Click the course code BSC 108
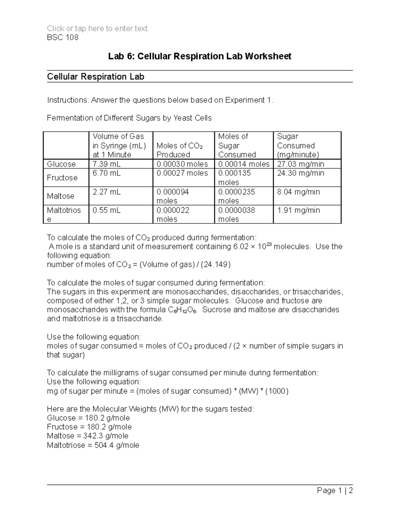(63, 37)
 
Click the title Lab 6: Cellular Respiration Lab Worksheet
(200, 56)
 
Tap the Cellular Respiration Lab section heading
(96, 77)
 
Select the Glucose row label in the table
(61, 164)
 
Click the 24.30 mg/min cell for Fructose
(300, 173)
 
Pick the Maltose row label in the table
(61, 196)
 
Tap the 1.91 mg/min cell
(298, 210)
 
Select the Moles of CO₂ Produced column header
(179, 150)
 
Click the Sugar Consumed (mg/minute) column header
(298, 145)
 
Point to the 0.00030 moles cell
(182, 164)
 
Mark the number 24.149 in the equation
(217, 265)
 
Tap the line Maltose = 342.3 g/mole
(88, 436)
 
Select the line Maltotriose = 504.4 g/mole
(93, 445)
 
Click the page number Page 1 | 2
(335, 490)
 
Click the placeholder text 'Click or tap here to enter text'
(98, 29)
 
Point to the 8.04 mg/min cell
(298, 192)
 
